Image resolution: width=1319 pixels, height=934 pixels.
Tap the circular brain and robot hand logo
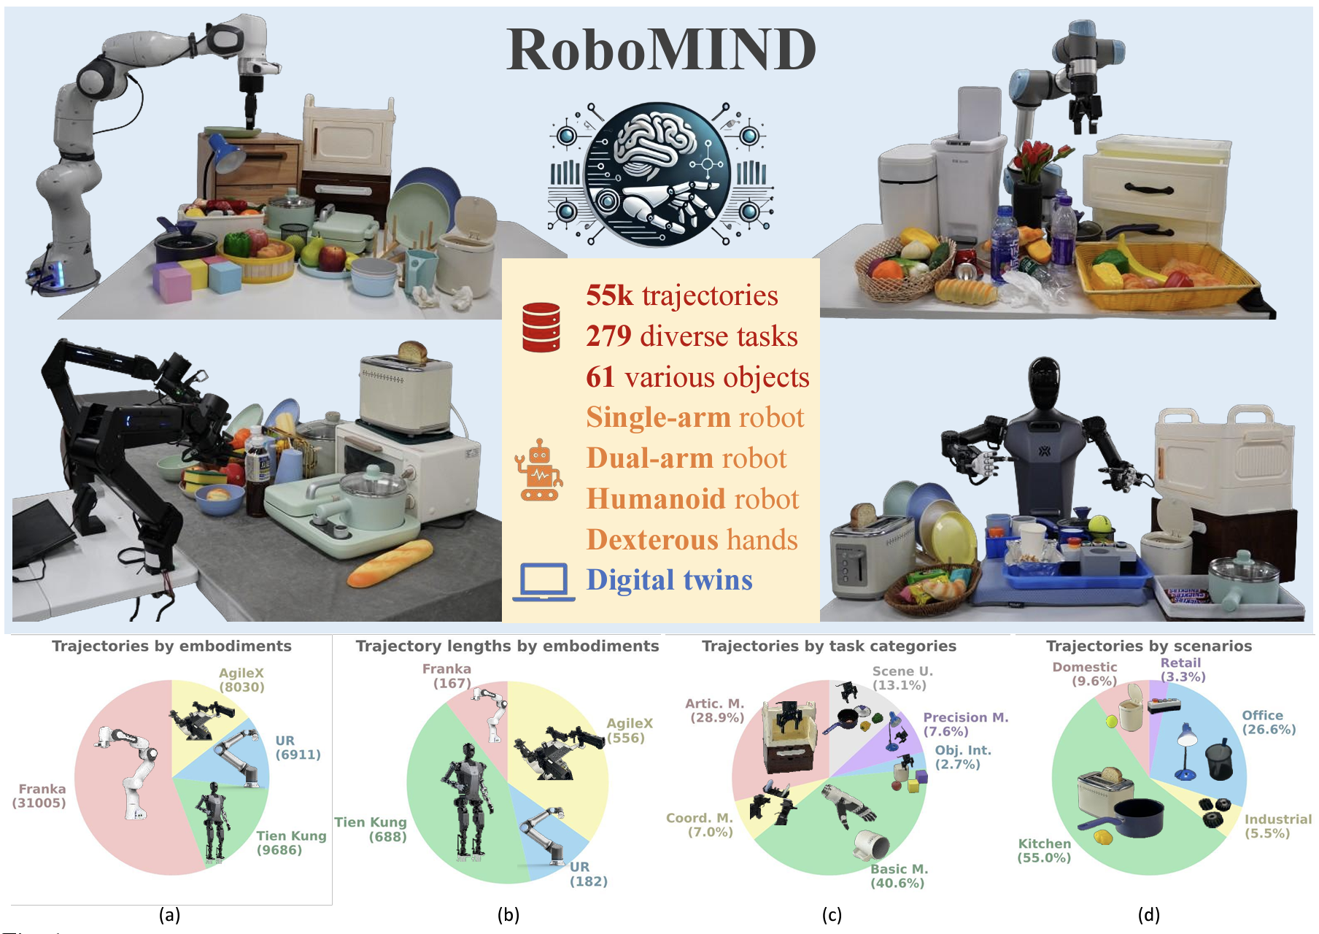tap(660, 174)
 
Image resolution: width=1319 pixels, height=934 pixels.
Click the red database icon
tap(541, 328)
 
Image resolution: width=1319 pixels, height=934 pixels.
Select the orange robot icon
tap(539, 470)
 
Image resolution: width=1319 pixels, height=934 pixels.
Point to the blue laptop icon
tap(544, 582)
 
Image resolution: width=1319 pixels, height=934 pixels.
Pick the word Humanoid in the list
tap(657, 498)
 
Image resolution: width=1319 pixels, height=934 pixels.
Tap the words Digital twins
tap(670, 580)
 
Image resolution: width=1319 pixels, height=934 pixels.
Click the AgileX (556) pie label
tap(630, 730)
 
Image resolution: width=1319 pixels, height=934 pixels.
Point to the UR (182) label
tap(588, 874)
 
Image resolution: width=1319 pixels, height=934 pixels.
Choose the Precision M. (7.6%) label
tap(966, 725)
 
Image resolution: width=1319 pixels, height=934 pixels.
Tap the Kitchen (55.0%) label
tap(1045, 851)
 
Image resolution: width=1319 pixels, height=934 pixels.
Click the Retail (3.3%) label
tap(1182, 670)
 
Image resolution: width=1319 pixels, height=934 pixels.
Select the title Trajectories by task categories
tap(829, 646)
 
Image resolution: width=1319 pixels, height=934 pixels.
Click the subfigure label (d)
tap(1148, 915)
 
